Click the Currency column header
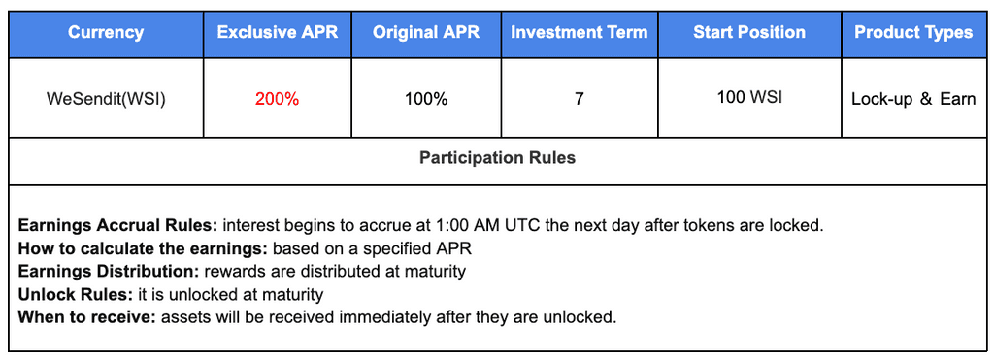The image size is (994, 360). pos(106,32)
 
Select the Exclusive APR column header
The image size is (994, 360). pos(278,32)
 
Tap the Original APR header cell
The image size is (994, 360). pos(427,32)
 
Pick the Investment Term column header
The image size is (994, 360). pos(580,32)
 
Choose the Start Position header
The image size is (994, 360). pos(749,32)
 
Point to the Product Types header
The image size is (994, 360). pos(913,32)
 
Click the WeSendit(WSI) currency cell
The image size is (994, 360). pos(106,99)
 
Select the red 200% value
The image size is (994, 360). pos(277,99)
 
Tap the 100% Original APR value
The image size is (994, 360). pos(426,99)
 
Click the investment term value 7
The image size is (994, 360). pos(579,99)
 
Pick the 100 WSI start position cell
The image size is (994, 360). pos(749,98)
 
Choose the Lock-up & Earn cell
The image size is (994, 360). pos(913,99)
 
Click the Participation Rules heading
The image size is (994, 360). pos(498,157)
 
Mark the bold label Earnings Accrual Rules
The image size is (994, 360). pos(118,225)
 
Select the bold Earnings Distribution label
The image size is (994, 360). pos(109,272)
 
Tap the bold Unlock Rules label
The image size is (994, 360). pos(76,294)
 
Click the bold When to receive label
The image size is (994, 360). pos(86,317)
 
